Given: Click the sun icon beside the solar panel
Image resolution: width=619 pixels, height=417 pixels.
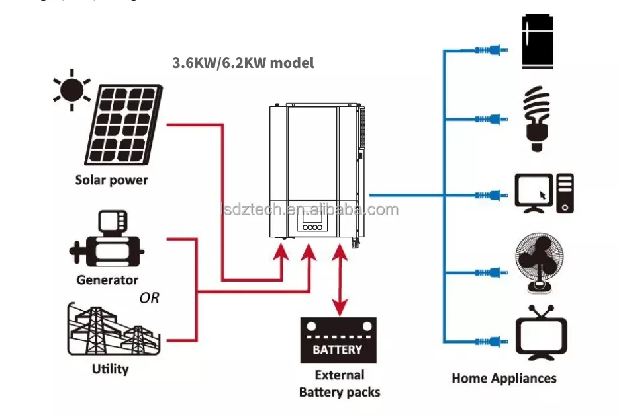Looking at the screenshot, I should pos(73,91).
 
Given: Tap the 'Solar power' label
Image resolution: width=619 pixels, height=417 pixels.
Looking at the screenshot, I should pos(111,180).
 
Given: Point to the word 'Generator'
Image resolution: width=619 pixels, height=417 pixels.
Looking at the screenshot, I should pos(107,280).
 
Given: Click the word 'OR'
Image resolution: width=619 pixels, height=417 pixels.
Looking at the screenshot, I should pos(149,298).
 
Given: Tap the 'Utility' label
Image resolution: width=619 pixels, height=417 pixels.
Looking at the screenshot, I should pos(110,369).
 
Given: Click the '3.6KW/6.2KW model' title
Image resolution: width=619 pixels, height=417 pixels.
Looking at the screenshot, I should pos(243,63).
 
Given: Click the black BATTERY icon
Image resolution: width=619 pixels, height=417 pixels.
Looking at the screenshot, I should pos(338,340).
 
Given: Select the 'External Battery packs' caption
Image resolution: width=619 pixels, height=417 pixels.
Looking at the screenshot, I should pos(340,383).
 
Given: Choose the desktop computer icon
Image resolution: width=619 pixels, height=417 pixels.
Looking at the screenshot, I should pos(544,194).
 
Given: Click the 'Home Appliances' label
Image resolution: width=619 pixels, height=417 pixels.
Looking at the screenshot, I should pos(504,379).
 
